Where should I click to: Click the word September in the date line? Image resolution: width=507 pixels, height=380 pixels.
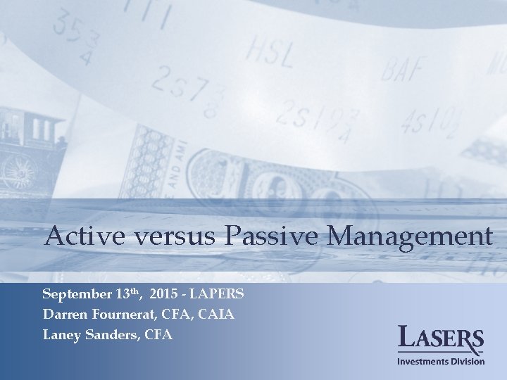tap(77, 293)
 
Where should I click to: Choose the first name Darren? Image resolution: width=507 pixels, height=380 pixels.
tap(63, 314)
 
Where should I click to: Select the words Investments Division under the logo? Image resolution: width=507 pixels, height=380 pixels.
tap(442, 362)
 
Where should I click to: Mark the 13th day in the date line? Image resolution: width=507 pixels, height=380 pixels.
tap(127, 293)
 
